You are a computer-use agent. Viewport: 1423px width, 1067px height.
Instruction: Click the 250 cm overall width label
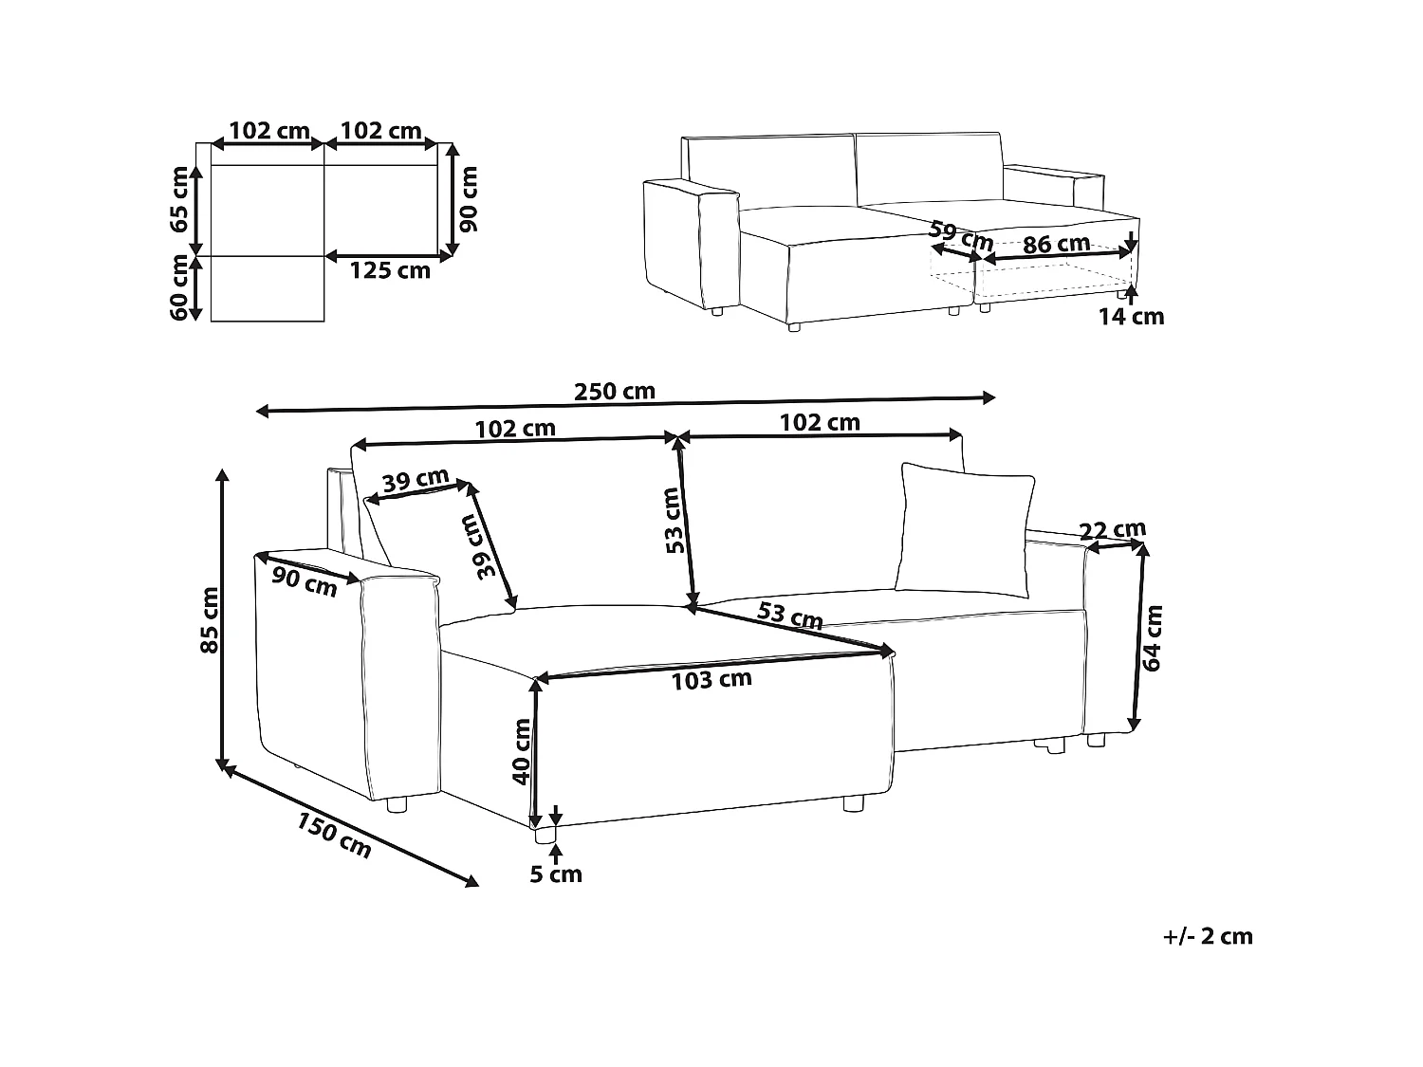coord(614,391)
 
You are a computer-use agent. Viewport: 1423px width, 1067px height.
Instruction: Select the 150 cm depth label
coord(334,835)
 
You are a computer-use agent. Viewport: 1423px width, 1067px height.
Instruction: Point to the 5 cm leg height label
coord(556,874)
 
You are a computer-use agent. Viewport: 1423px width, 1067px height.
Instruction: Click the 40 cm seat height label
coord(521,751)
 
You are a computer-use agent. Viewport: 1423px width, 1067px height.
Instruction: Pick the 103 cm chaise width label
coord(711,679)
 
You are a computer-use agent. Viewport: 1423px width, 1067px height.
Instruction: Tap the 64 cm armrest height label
coord(1154,637)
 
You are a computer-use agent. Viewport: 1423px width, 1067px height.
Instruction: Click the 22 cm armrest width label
coord(1114,529)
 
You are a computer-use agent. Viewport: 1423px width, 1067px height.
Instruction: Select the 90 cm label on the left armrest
coord(304,580)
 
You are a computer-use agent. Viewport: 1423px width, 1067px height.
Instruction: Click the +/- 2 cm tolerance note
coord(1208,936)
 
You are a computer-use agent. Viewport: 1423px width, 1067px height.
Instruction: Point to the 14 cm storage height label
coord(1131,317)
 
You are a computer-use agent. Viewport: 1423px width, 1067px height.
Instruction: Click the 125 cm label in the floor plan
coord(390,270)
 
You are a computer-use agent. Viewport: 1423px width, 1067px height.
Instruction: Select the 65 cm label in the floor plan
coord(179,198)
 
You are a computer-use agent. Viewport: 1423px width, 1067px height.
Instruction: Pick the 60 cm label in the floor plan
coord(179,287)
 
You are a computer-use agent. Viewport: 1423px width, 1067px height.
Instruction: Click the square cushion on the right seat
coord(966,527)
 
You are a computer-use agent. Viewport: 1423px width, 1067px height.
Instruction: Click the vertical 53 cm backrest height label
coord(674,520)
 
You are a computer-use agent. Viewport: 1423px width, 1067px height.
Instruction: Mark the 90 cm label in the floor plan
coord(468,198)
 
